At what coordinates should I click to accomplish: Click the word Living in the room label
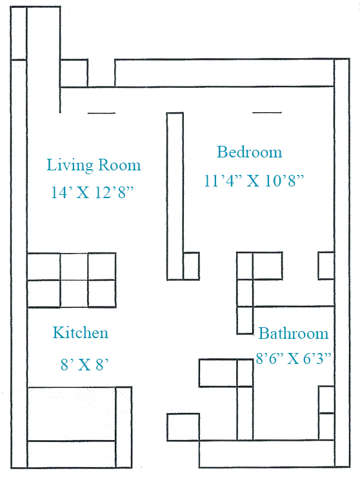[x=70, y=165]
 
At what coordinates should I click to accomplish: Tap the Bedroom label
[x=249, y=152]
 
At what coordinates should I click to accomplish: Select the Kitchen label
[x=80, y=333]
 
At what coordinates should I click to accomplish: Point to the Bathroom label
[x=294, y=334]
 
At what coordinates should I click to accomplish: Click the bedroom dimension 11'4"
[x=223, y=181]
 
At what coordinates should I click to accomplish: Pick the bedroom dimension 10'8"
[x=285, y=181]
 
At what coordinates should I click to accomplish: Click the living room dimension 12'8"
[x=114, y=192]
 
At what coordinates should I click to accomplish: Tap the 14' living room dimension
[x=62, y=192]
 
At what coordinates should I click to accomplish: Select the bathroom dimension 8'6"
[x=270, y=358]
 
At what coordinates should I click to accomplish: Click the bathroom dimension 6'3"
[x=317, y=358]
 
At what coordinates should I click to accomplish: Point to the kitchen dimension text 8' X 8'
[x=85, y=365]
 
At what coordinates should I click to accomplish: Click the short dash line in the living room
[x=101, y=114]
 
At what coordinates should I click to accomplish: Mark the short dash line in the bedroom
[x=267, y=113]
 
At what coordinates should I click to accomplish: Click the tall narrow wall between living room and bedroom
[x=175, y=196]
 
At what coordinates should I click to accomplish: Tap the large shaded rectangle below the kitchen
[x=72, y=414]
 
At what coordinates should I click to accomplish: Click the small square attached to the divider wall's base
[x=192, y=266]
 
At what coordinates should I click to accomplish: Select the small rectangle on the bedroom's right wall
[x=326, y=266]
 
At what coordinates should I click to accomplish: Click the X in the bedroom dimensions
[x=254, y=181]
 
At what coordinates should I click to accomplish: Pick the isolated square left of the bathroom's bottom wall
[x=183, y=427]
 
